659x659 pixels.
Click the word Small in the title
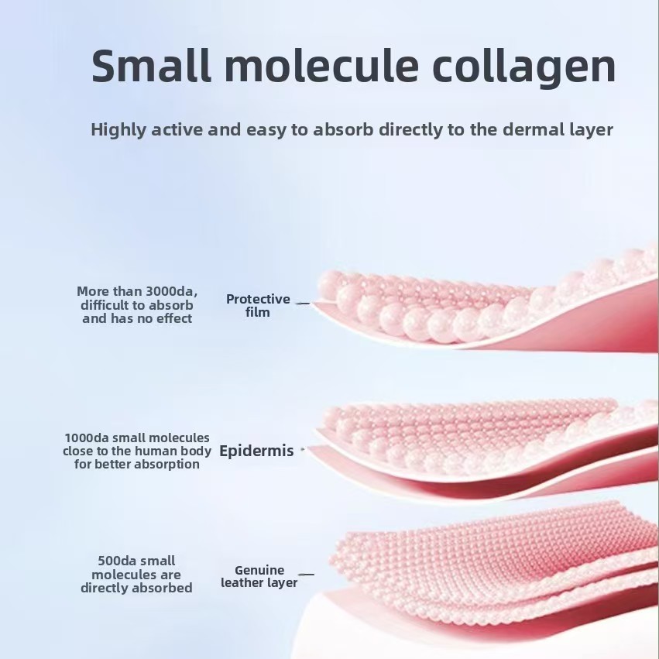[151, 66]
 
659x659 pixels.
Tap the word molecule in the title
[322, 66]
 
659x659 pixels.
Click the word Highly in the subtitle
[118, 130]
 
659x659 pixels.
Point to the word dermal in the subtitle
[533, 129]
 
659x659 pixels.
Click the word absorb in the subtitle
[343, 129]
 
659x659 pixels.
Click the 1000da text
[87, 438]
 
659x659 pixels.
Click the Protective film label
[258, 306]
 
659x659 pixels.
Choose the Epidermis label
[256, 451]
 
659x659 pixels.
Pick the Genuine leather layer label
[259, 576]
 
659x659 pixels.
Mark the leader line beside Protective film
[303, 303]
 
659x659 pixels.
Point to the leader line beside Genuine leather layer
[306, 574]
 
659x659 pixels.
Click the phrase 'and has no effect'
[137, 318]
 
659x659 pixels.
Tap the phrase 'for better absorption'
[137, 465]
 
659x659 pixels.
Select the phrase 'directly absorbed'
[136, 588]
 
